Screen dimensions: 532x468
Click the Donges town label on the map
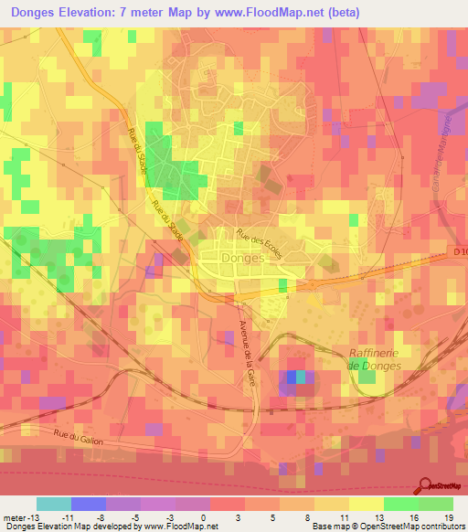243,258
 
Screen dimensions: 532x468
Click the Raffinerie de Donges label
375,359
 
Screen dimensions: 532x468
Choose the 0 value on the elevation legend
202,517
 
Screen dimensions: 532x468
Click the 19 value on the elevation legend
450,517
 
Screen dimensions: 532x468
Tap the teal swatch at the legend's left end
54,504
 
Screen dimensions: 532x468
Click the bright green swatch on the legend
400,504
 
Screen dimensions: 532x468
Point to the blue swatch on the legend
89,504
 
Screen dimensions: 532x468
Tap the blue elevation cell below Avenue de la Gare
292,376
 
